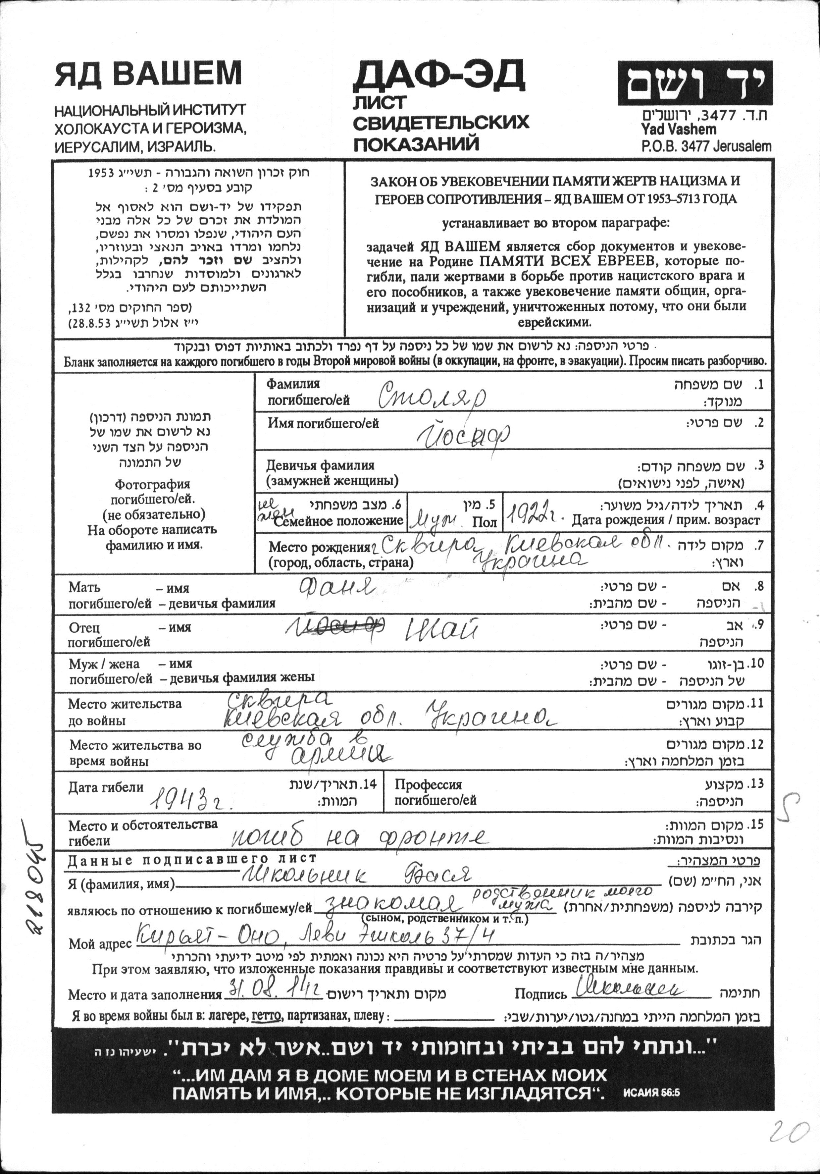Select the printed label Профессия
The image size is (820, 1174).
pos(429,785)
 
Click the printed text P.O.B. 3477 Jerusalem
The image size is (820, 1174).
pos(706,146)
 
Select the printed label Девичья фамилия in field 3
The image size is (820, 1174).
pos(320,465)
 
